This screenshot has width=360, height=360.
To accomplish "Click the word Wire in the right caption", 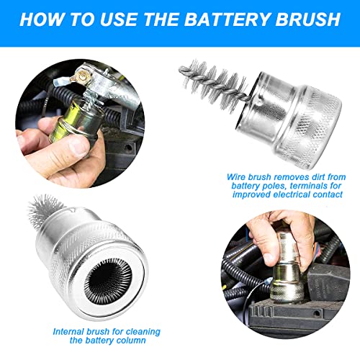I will pyautogui.click(x=245, y=175).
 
